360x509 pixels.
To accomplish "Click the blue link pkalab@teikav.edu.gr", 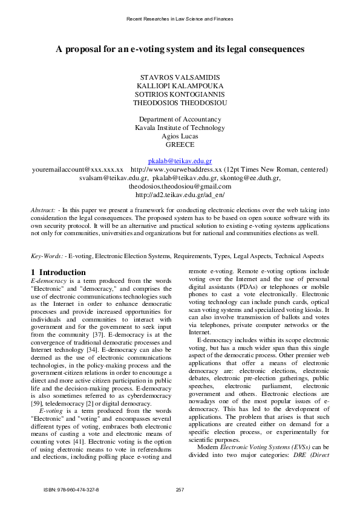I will tap(180, 162).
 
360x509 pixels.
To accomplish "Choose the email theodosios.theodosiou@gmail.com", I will tap(180, 187).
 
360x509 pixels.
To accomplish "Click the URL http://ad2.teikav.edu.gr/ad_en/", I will tap(180, 195).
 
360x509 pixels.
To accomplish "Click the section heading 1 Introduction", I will tap(58, 273).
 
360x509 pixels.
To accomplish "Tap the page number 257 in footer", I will tap(180, 489).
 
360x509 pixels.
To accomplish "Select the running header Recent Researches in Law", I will tap(180, 19).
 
